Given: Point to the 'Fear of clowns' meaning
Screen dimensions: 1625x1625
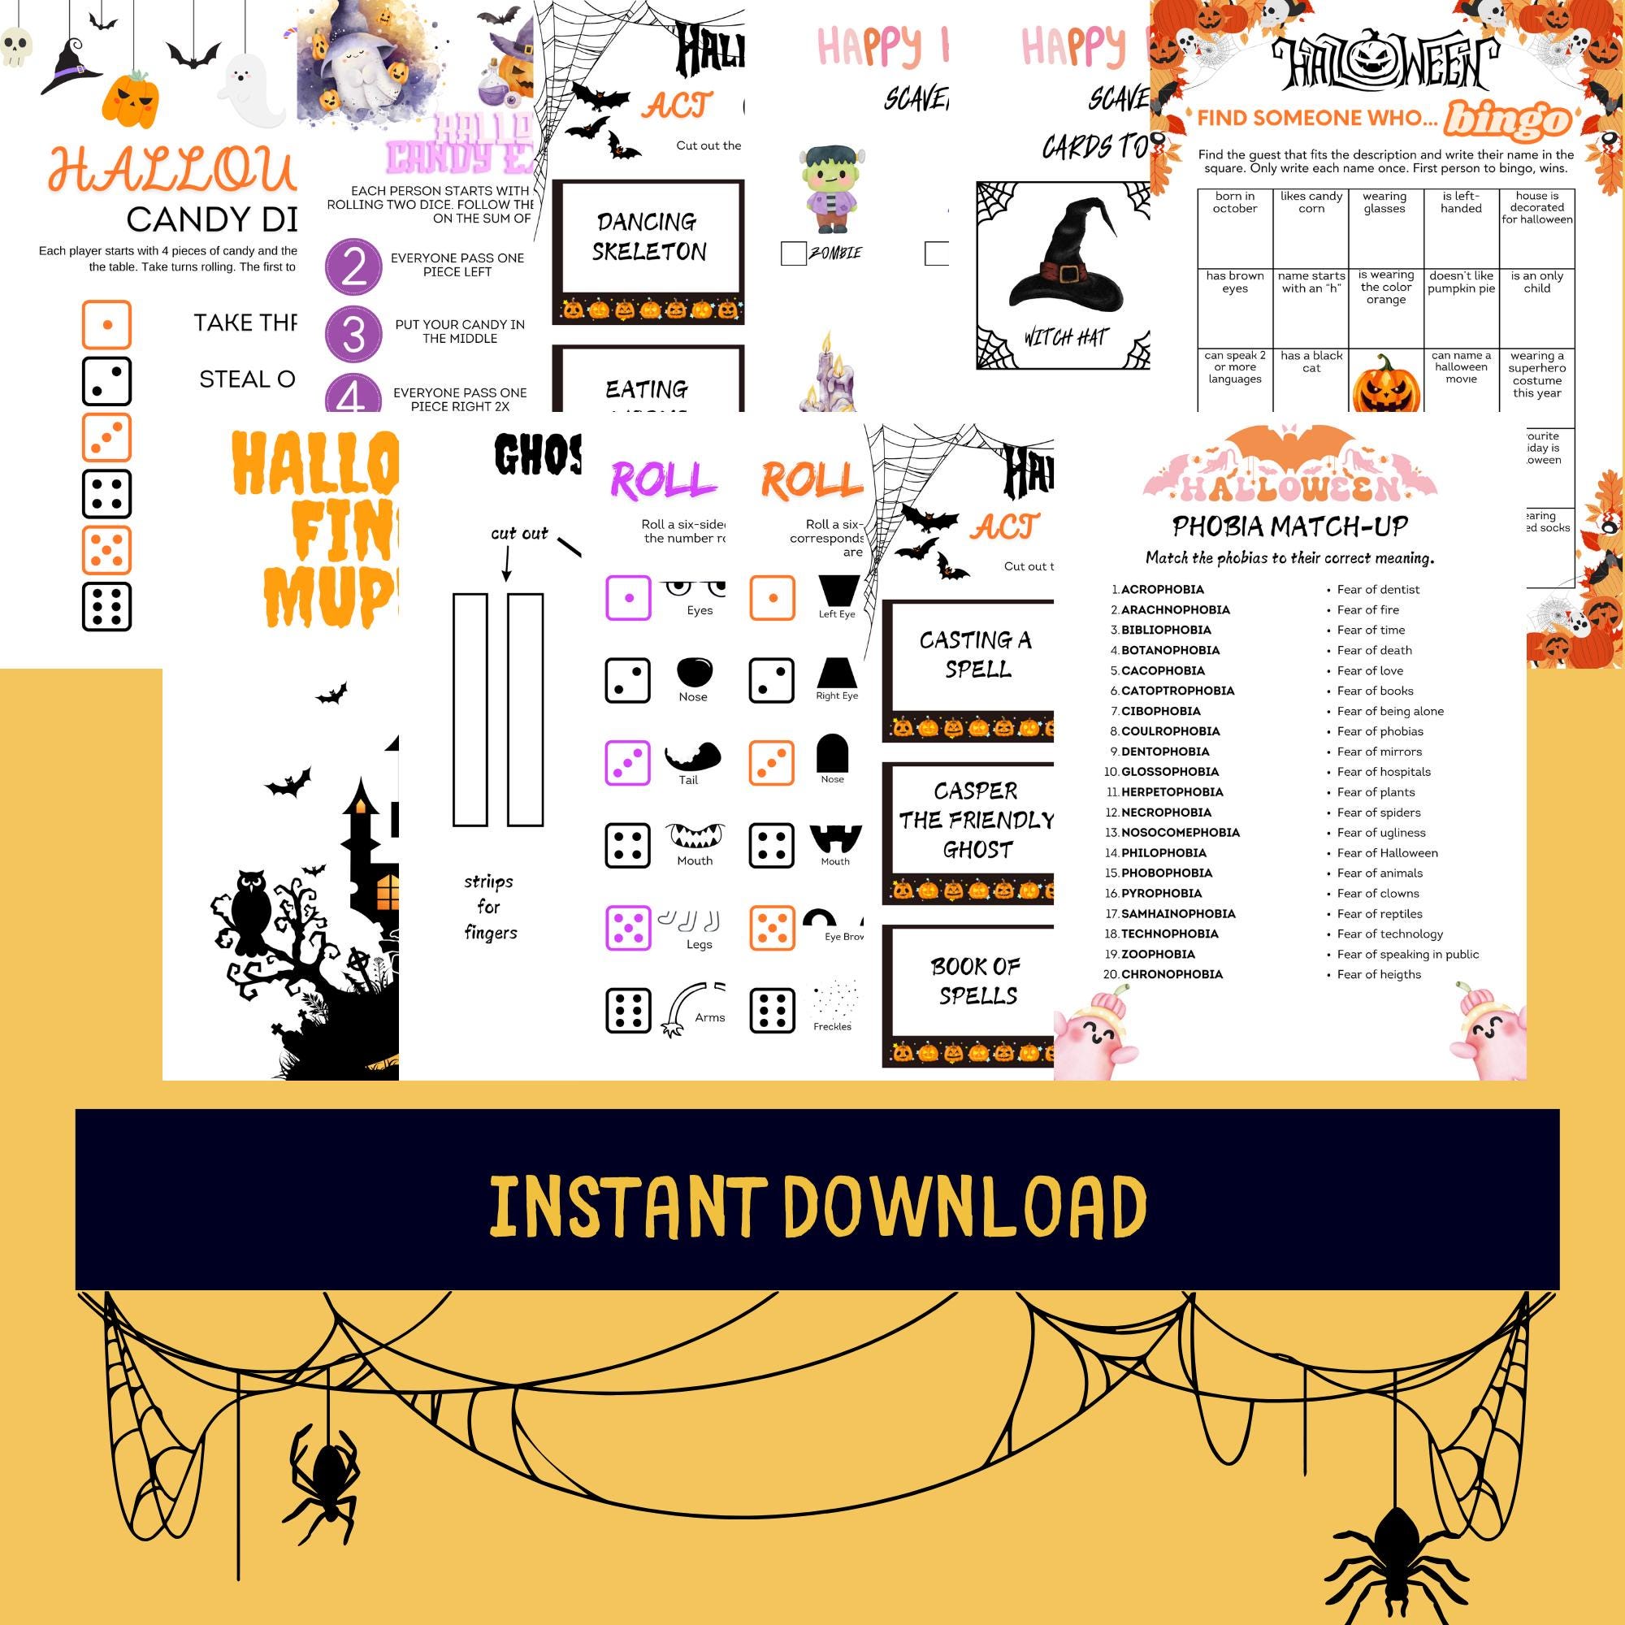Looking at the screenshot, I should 1378,893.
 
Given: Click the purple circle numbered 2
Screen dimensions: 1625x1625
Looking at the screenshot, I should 353,266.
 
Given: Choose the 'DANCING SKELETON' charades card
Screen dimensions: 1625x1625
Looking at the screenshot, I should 648,237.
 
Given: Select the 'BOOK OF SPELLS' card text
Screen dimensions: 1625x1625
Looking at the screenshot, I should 976,981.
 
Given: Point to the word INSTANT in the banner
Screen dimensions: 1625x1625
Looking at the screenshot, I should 627,1207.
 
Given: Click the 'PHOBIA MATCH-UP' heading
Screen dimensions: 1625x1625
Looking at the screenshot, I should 1289,526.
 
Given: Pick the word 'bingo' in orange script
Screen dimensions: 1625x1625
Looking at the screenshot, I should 1506,120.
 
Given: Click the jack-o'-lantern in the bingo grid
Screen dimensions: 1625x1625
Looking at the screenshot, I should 1385,383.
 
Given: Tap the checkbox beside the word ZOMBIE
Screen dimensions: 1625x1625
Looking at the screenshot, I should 793,253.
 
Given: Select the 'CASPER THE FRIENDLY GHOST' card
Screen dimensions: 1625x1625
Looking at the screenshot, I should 976,820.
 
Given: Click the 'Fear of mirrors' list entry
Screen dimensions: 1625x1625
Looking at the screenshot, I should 1380,752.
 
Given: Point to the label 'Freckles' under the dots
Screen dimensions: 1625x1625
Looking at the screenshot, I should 832,1026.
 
